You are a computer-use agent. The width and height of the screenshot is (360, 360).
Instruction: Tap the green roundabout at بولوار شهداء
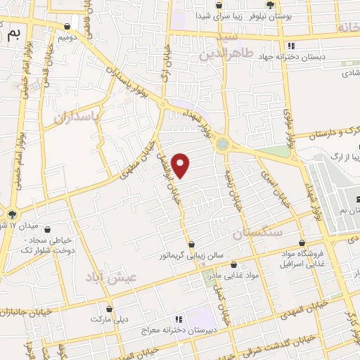tap(223, 144)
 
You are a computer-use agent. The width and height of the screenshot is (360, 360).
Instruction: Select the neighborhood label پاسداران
tap(79, 115)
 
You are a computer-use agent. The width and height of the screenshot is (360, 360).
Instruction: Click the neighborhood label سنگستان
tap(258, 233)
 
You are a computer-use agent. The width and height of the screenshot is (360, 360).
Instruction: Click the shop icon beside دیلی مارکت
tap(109, 308)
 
